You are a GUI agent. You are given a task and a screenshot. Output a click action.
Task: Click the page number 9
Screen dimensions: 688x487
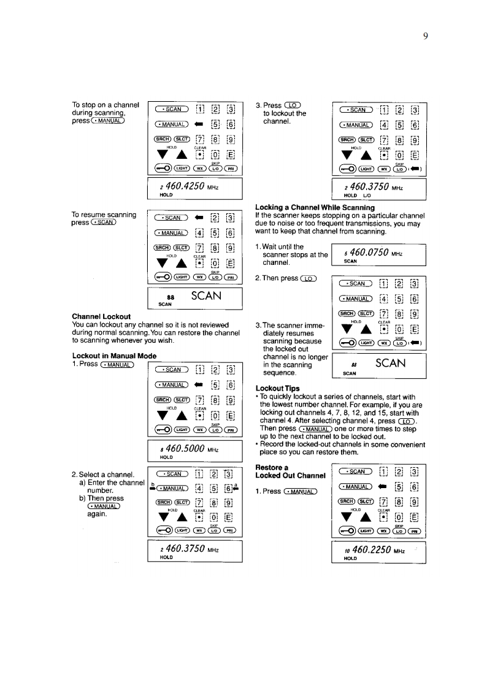(x=424, y=35)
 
